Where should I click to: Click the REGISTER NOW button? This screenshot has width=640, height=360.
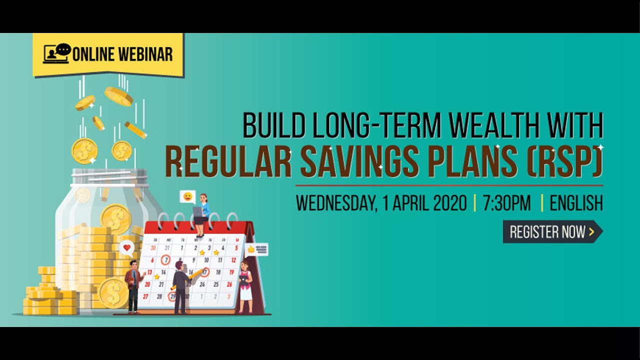point(551,231)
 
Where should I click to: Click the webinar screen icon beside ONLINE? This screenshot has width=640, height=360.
point(56,53)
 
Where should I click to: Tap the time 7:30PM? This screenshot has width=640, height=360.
point(506,203)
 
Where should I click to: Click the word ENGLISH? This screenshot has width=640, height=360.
point(576,203)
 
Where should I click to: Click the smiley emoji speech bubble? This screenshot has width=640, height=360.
point(187,196)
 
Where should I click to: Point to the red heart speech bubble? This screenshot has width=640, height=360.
point(127,247)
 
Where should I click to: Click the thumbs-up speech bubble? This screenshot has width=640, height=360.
point(257,249)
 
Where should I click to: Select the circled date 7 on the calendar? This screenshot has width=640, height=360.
point(166,260)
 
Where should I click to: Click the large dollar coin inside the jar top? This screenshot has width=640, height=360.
point(116,218)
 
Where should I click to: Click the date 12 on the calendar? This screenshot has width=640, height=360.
point(233,260)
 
